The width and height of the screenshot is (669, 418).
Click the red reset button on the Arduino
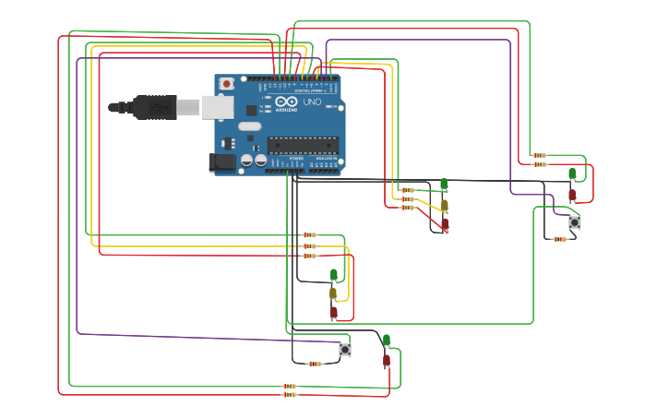[x=226, y=83]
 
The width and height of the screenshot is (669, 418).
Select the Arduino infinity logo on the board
[x=286, y=102]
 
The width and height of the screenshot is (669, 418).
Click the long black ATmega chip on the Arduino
[x=303, y=144]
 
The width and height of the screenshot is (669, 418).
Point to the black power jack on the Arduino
[x=221, y=163]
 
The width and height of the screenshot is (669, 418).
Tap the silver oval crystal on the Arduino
[x=250, y=126]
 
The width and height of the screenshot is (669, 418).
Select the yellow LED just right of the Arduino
[x=444, y=204]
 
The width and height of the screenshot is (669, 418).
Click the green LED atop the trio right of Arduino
[x=444, y=185]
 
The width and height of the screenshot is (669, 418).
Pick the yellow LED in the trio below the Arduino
[x=333, y=293]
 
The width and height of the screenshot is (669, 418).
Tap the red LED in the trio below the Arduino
[x=334, y=312]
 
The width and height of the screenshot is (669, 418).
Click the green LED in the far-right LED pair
[x=572, y=173]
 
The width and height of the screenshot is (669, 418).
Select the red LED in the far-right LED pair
[x=572, y=195]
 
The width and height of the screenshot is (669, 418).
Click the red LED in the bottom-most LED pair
[x=387, y=360]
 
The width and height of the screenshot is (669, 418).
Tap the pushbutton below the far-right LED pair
[x=574, y=222]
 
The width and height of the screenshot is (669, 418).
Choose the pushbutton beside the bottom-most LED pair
[x=345, y=349]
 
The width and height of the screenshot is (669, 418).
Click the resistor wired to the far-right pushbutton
[x=559, y=239]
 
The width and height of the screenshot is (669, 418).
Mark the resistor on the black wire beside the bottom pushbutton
[x=315, y=364]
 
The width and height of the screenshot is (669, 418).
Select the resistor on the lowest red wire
[x=290, y=395]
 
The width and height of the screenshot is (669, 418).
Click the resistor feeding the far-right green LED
[x=539, y=155]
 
